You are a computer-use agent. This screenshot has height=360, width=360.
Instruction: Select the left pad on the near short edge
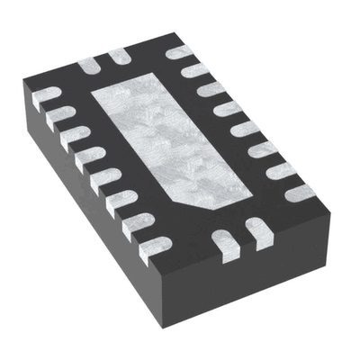click(223, 239)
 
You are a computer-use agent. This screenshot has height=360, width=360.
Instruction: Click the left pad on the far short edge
click(87, 65)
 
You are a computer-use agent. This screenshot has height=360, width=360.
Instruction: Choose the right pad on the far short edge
click(118, 58)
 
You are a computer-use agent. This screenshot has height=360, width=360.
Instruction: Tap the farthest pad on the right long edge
click(176, 52)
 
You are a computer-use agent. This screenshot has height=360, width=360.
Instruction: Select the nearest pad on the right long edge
click(298, 192)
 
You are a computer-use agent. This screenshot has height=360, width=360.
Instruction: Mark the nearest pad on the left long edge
click(155, 245)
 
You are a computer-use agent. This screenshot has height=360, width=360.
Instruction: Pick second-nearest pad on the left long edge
click(137, 222)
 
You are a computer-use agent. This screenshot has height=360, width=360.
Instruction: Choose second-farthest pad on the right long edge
click(193, 70)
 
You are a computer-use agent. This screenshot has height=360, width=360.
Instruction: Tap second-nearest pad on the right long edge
click(281, 170)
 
